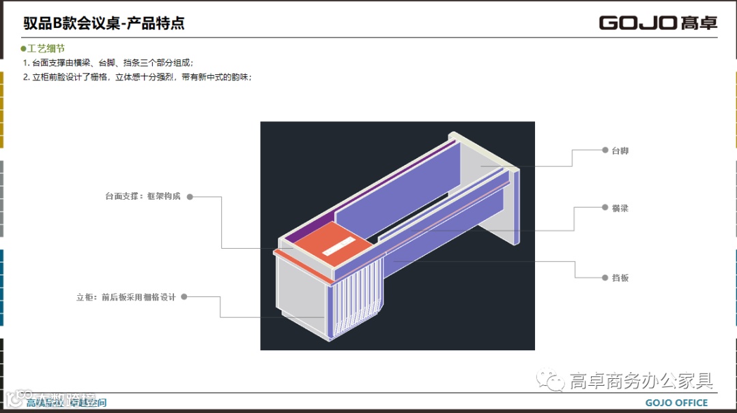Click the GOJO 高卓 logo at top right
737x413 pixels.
pyautogui.click(x=658, y=22)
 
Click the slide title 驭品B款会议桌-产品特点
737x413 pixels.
pyautogui.click(x=104, y=23)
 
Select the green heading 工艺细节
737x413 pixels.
pyautogui.click(x=46, y=49)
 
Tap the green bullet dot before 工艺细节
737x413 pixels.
pyautogui.click(x=23, y=49)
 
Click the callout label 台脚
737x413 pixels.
pyautogui.click(x=620, y=150)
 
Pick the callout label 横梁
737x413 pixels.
pyautogui.click(x=620, y=208)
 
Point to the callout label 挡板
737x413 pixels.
pyautogui.click(x=620, y=278)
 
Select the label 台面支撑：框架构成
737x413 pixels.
pyautogui.click(x=143, y=196)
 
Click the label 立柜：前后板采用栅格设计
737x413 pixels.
pyautogui.click(x=126, y=297)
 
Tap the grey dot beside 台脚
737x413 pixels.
pyautogui.click(x=605, y=150)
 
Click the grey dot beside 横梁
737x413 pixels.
pyautogui.click(x=605, y=208)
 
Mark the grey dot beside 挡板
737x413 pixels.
pyautogui.click(x=605, y=278)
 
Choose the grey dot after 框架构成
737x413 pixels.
pyautogui.click(x=190, y=196)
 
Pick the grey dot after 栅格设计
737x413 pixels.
pyautogui.click(x=184, y=297)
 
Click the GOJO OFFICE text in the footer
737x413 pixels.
pyautogui.click(x=676, y=403)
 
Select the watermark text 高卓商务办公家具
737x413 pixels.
pyautogui.click(x=641, y=380)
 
